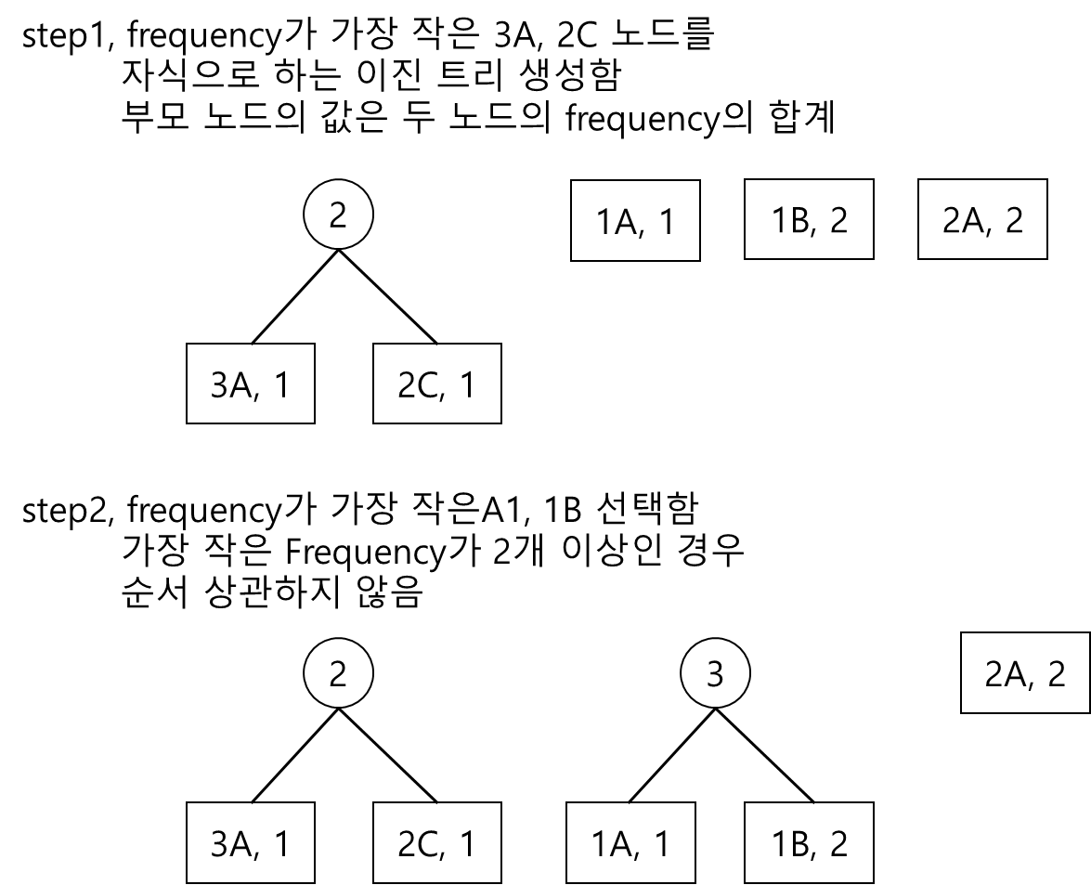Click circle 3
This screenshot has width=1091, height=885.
[x=715, y=674]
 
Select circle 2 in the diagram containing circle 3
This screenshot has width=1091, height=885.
[x=338, y=674]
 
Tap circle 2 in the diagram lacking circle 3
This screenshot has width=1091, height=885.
[x=338, y=215]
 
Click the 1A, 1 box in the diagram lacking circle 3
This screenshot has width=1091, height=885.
[x=635, y=221]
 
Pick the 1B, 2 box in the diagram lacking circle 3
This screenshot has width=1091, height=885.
[x=809, y=219]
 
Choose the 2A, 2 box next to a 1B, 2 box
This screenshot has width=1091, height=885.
[x=982, y=219]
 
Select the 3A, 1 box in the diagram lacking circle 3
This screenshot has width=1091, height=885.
[x=251, y=384]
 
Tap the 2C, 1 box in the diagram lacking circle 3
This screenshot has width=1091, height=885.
[x=436, y=384]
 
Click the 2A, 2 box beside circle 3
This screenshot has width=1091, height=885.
[x=1025, y=673]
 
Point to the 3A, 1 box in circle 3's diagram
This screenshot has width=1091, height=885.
[x=251, y=843]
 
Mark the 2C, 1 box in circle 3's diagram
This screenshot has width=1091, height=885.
[x=436, y=843]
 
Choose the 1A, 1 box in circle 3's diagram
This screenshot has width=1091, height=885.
[x=630, y=843]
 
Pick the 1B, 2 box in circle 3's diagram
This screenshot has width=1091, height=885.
[x=809, y=843]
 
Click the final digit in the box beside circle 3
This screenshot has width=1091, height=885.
[x=1056, y=674]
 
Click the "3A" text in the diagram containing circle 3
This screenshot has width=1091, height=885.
[x=232, y=844]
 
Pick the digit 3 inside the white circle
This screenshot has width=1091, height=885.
[x=715, y=674]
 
